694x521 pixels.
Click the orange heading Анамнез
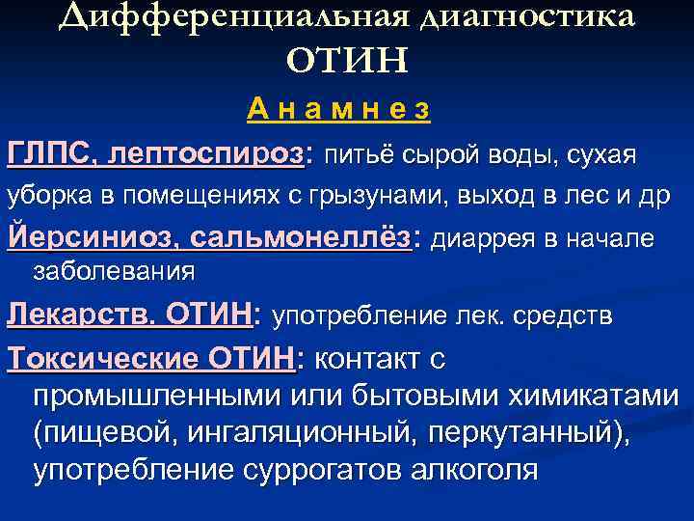pos(337,111)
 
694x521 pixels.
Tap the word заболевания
pos(114,272)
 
